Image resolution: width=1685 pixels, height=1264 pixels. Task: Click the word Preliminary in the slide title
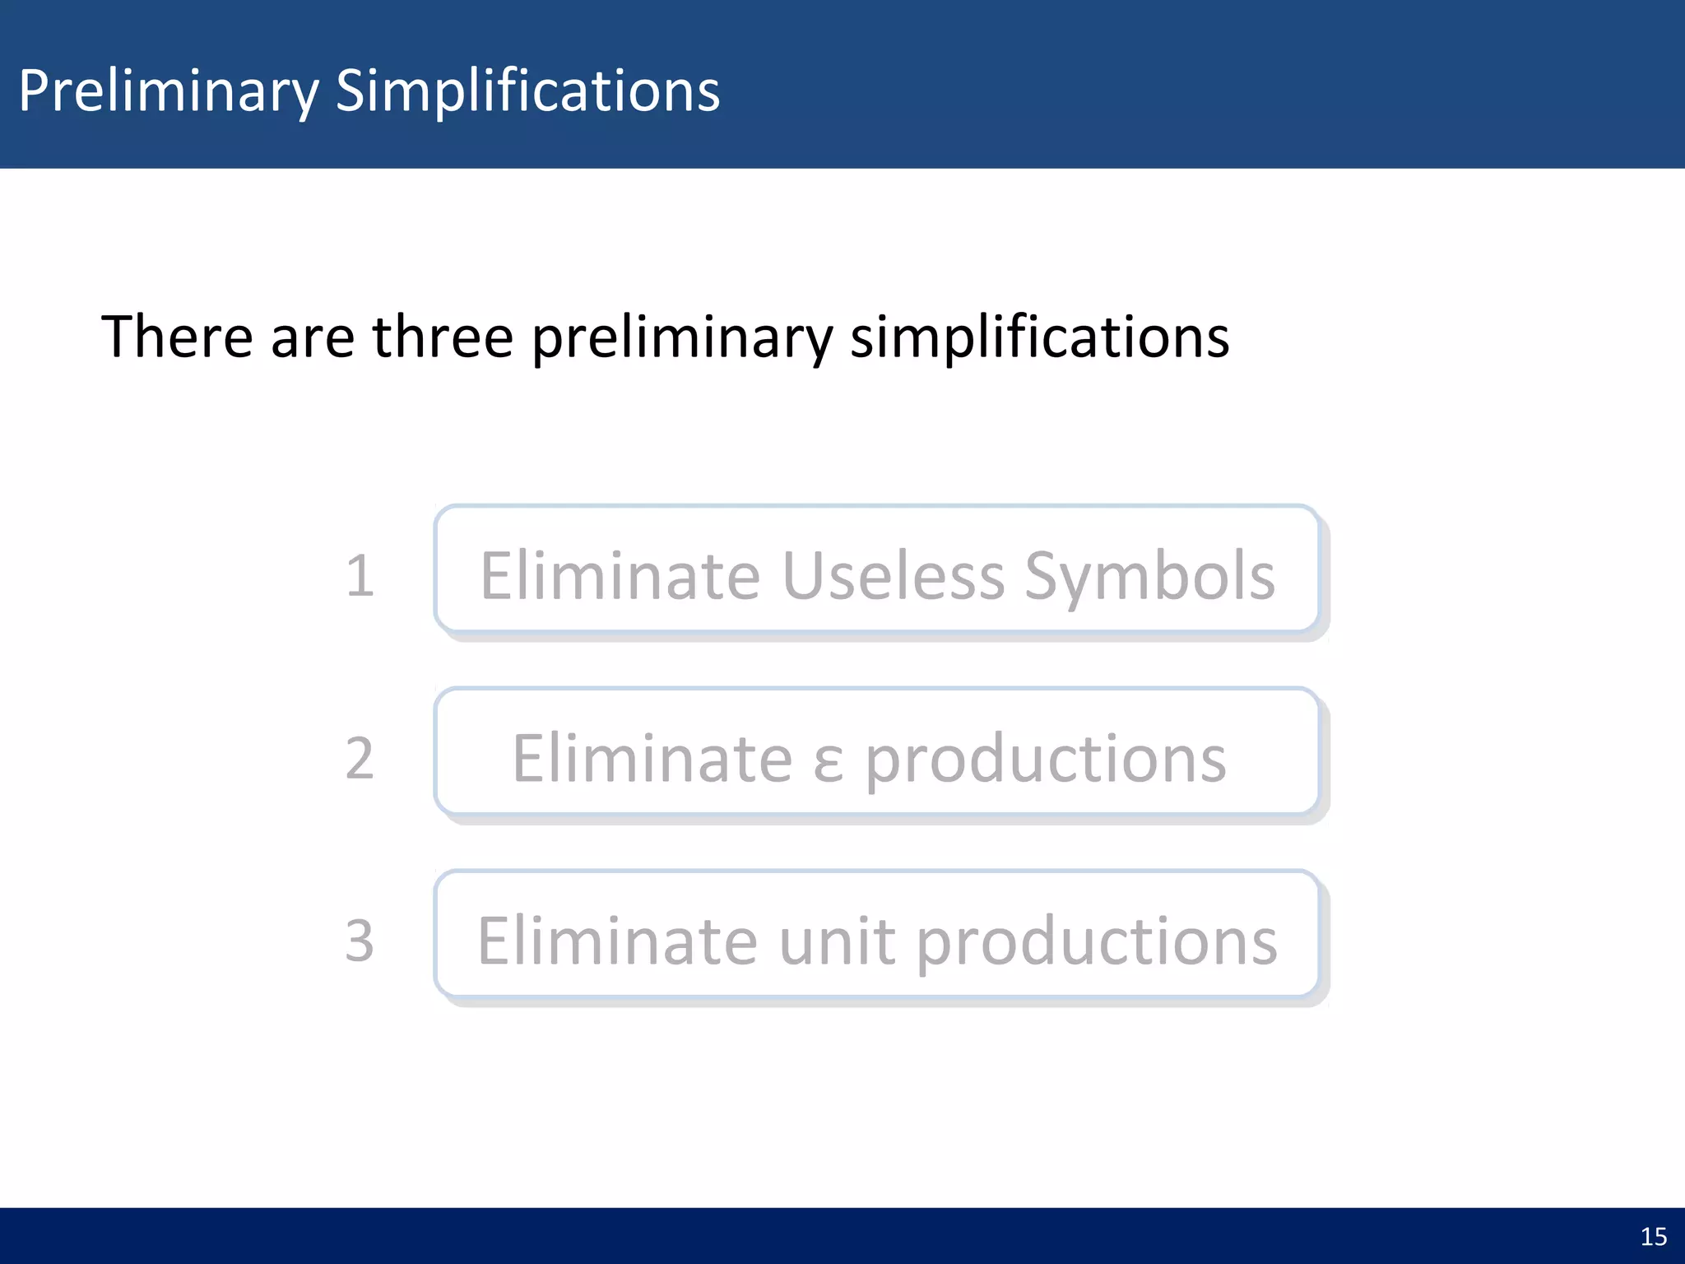coord(169,91)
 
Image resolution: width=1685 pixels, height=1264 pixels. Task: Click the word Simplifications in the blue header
coord(527,91)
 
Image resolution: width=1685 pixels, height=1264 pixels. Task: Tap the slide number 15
coord(1653,1236)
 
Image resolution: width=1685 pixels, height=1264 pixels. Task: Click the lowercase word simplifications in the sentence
coord(1039,339)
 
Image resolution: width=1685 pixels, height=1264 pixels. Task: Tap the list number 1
coord(360,575)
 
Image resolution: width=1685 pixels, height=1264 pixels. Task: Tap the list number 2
coord(360,758)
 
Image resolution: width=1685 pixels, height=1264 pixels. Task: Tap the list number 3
coord(360,941)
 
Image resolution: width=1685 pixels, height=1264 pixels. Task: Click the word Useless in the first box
coord(893,575)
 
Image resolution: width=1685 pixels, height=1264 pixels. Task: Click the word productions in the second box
coord(1045,760)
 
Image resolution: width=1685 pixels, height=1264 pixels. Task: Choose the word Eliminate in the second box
coord(652,758)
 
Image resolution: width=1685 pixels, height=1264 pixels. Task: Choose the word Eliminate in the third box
coord(617,941)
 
